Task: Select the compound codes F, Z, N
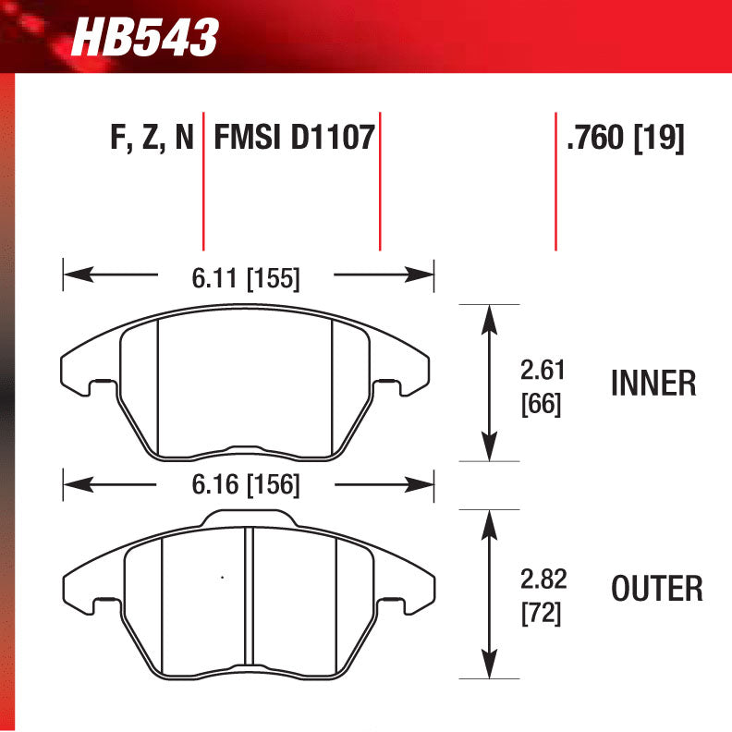152,139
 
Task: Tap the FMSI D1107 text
293,139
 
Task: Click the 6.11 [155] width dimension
246,277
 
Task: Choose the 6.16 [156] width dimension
246,484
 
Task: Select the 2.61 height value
542,372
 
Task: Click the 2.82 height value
543,579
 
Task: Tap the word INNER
653,384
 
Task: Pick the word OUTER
656,588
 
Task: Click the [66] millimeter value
542,404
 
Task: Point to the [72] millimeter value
542,612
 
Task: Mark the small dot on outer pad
221,579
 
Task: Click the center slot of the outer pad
248,601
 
